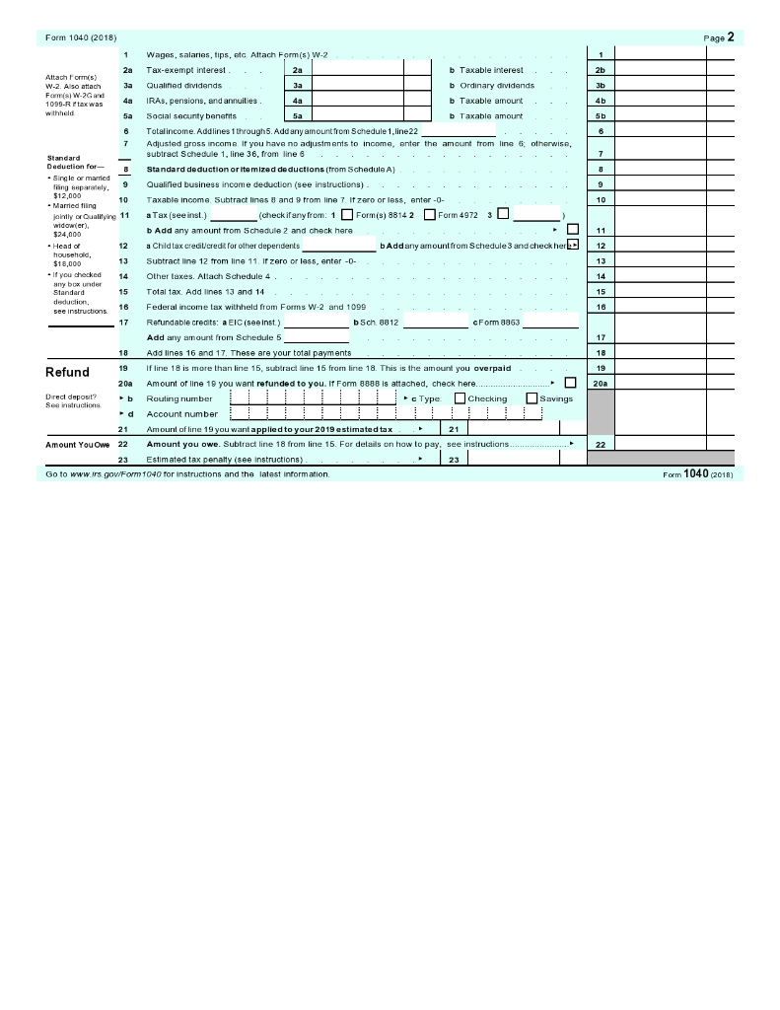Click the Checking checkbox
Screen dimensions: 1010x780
(460, 398)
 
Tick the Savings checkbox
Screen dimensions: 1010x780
(532, 398)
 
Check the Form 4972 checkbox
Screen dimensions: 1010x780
(429, 215)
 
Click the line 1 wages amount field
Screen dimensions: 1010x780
(660, 54)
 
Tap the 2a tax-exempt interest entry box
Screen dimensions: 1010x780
(357, 70)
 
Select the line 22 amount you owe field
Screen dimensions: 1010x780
(660, 445)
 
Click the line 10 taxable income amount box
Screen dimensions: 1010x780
(660, 199)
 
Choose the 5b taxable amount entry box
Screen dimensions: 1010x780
(660, 115)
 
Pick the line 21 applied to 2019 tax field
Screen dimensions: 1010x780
(513, 429)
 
